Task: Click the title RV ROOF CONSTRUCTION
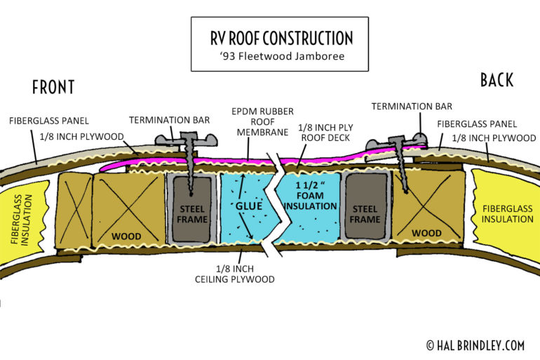280,38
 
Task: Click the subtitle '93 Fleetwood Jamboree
280,56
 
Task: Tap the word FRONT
53,87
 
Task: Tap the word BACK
497,80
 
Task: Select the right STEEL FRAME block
365,213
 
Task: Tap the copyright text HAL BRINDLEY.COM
478,345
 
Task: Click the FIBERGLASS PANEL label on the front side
49,121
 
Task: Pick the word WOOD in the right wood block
426,233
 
